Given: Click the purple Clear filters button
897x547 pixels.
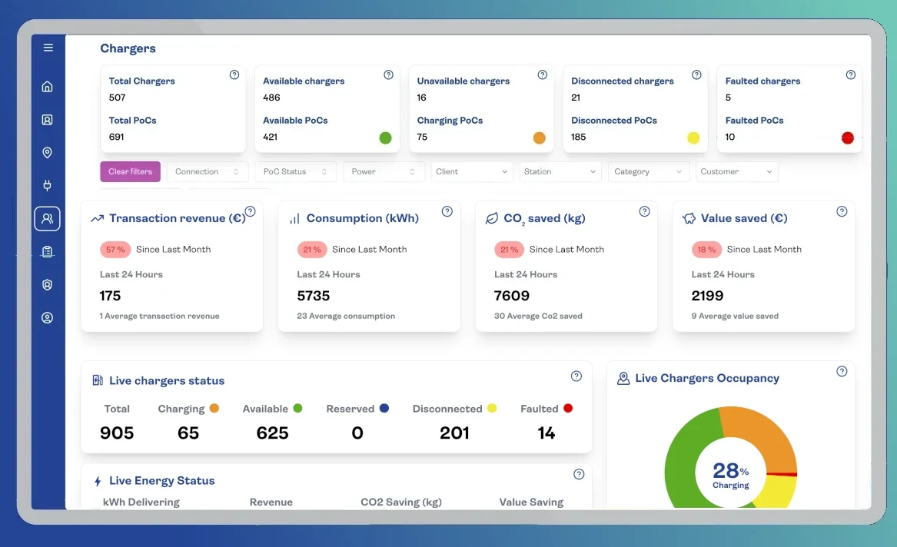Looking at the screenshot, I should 130,171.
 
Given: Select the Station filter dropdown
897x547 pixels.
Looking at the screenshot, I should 560,171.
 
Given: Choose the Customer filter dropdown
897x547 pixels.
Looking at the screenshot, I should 736,171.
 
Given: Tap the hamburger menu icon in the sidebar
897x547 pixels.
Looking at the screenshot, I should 48,48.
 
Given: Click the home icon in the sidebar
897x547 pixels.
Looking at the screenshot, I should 48,86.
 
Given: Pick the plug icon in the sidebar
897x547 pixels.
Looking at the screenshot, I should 48,185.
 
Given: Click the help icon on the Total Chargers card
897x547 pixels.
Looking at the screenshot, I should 234,75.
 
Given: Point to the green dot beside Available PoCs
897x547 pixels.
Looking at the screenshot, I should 385,138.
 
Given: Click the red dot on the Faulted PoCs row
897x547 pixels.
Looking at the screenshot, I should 847,138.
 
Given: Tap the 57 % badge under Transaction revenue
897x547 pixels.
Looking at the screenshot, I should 115,249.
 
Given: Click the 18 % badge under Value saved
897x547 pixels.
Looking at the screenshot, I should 706,249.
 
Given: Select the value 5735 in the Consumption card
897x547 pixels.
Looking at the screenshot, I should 314,296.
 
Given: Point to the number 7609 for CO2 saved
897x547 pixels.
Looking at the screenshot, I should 512,296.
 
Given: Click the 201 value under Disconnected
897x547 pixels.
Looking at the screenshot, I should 454,433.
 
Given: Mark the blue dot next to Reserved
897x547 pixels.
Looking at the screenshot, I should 384,408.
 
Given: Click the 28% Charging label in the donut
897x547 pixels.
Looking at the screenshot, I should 730,474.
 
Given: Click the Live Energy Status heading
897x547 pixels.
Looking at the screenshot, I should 161,481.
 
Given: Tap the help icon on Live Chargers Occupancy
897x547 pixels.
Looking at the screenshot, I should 842,371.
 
